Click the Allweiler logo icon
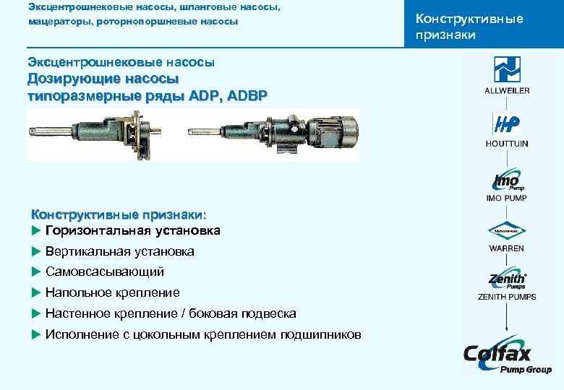507,69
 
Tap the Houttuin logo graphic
507,123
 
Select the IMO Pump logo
507,181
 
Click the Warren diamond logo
507,232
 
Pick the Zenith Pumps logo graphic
507,279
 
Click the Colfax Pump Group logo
507,357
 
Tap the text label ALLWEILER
507,90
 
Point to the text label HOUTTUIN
507,144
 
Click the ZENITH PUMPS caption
507,297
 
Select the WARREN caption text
507,248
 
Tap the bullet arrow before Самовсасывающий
35,272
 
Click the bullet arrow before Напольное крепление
35,293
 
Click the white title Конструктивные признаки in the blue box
469,27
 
